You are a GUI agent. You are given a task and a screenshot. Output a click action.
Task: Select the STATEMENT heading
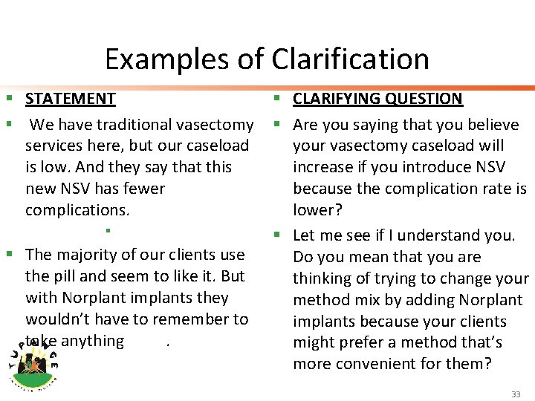71,99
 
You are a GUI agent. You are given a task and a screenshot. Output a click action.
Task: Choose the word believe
494,124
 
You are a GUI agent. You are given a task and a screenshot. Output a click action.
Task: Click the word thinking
322,278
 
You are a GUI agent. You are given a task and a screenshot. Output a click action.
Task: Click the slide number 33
516,394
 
